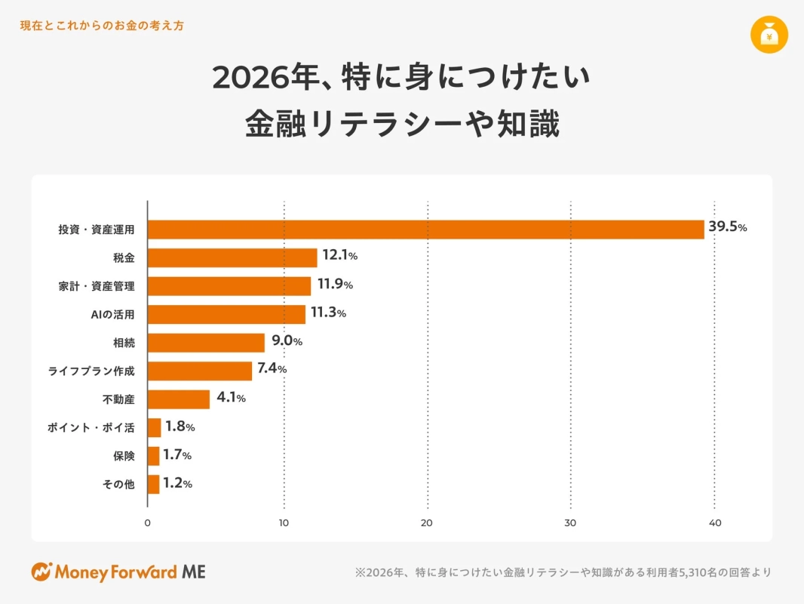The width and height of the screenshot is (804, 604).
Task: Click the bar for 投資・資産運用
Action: pos(426,230)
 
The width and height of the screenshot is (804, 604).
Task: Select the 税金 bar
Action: pos(232,257)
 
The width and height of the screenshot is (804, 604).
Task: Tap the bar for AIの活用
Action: pos(227,314)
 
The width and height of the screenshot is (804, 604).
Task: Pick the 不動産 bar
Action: pos(179,399)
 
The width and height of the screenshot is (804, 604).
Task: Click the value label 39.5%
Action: pos(727,227)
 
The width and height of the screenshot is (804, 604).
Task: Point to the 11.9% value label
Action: pos(335,285)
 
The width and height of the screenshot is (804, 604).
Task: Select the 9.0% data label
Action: pos(287,341)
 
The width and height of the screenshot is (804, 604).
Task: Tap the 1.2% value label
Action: pos(177,483)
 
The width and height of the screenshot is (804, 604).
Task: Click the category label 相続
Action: pos(124,343)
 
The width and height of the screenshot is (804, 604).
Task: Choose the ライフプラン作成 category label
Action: pos(91,371)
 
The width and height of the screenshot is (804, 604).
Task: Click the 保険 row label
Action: pos(124,456)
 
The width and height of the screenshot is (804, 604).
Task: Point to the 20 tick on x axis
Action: pos(428,522)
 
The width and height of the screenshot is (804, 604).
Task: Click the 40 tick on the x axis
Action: pos(714,522)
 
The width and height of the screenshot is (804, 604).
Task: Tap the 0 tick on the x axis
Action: pos(148,522)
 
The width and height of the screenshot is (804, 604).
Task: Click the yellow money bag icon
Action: pos(769,34)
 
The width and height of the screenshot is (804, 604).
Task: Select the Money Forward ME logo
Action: pos(118,572)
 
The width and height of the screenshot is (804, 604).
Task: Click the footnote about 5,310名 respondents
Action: pos(563,572)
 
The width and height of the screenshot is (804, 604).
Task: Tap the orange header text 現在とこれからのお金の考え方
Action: pos(102,26)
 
